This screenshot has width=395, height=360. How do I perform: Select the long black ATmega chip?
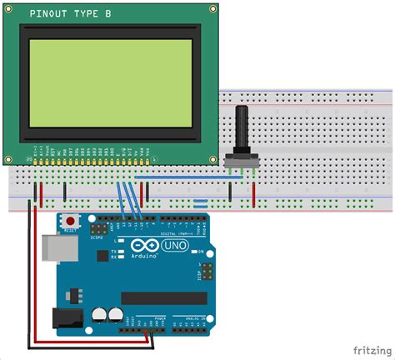(162, 297)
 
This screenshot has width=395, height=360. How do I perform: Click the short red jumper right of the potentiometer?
(254, 193)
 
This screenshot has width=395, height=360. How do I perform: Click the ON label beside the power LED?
(201, 252)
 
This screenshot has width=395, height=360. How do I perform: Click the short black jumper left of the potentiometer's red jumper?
(230, 193)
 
